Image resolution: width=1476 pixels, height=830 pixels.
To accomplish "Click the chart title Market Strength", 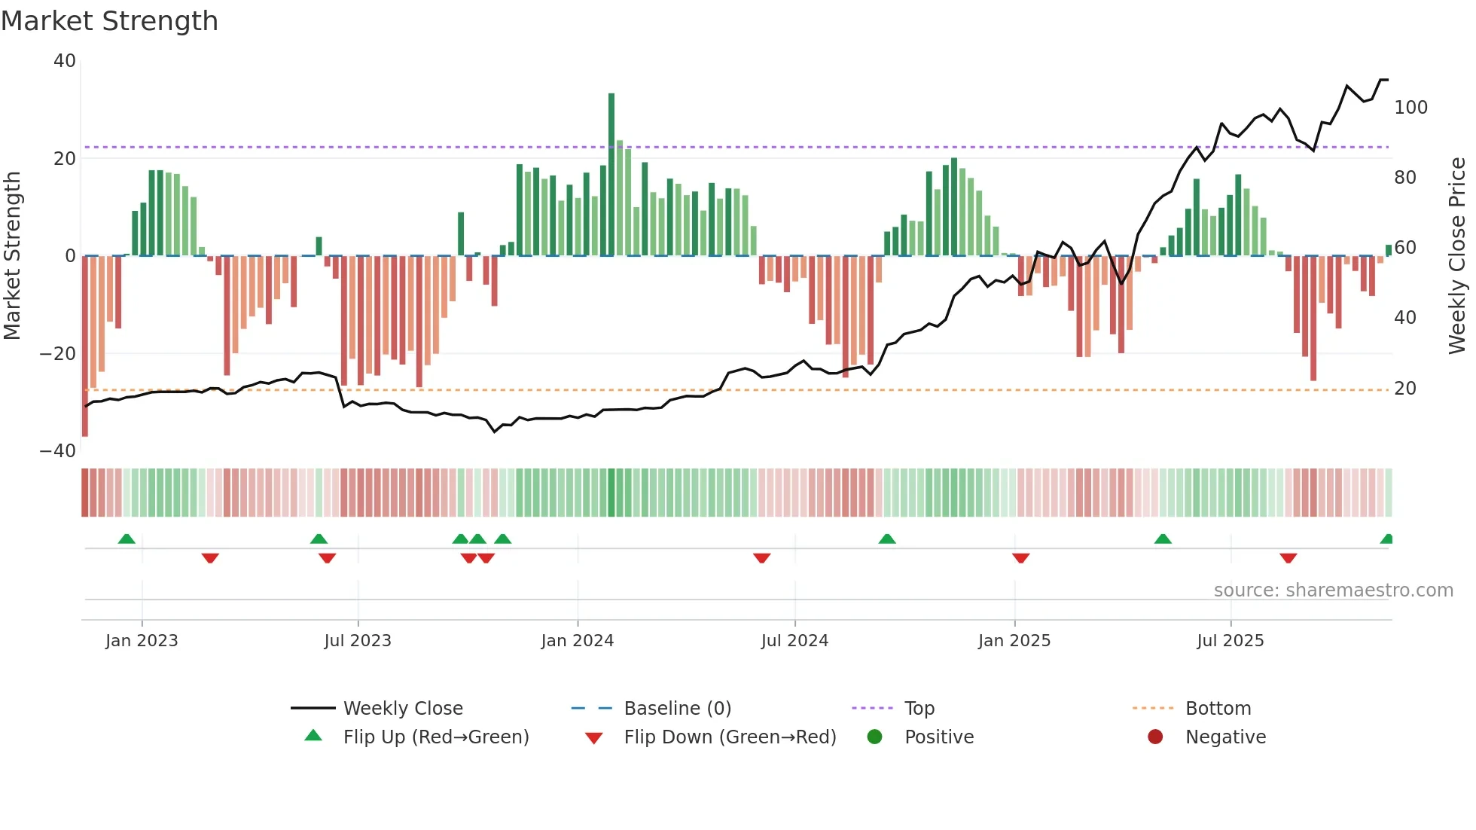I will pyautogui.click(x=109, y=21).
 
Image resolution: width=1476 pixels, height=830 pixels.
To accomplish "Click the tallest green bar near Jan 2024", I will pyautogui.click(x=611, y=173).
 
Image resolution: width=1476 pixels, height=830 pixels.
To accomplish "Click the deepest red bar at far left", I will pyautogui.click(x=85, y=346).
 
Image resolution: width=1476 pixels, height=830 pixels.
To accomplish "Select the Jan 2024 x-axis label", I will pyautogui.click(x=577, y=641).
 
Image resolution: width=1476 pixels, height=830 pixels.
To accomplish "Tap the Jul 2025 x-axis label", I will pyautogui.click(x=1230, y=641).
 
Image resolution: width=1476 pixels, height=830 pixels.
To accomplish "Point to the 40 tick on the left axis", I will pyautogui.click(x=65, y=61).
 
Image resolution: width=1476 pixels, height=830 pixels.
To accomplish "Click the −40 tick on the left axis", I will pyautogui.click(x=58, y=451).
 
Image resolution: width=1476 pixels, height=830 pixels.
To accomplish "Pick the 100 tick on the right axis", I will pyautogui.click(x=1410, y=108).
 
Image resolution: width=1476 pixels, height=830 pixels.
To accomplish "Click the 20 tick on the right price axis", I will pyautogui.click(x=1404, y=389).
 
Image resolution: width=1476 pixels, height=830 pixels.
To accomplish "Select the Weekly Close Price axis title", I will pyautogui.click(x=1457, y=256).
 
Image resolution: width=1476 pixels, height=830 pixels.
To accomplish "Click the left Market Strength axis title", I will pyautogui.click(x=12, y=256).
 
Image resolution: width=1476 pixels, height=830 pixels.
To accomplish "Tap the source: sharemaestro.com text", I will pyautogui.click(x=1333, y=590).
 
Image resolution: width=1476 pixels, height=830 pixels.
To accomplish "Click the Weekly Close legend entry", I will pyautogui.click(x=402, y=709).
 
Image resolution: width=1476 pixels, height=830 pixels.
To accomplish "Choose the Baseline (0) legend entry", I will pyautogui.click(x=677, y=709).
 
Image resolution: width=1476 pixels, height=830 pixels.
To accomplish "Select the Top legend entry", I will pyautogui.click(x=919, y=709).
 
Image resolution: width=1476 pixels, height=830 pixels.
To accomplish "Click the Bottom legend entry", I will pyautogui.click(x=1218, y=709).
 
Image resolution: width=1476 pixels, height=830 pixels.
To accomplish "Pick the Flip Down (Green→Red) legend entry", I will pyautogui.click(x=729, y=737).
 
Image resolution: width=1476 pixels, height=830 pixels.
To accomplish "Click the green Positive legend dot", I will pyautogui.click(x=874, y=737).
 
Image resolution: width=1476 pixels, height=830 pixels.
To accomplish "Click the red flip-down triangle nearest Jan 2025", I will pyautogui.click(x=1020, y=558).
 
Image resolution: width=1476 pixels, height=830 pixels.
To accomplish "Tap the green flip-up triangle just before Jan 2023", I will pyautogui.click(x=127, y=539).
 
